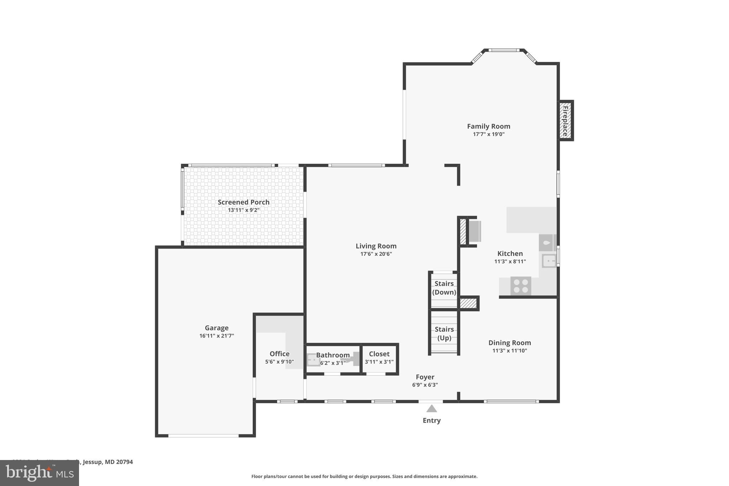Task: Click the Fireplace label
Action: (565, 121)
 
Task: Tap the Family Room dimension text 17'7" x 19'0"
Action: (488, 134)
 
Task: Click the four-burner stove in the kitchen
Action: (521, 286)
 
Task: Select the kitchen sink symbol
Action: (549, 261)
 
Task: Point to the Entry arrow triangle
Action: (431, 408)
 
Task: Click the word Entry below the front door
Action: (431, 420)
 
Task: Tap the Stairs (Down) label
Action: (444, 288)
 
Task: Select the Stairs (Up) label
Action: (444, 333)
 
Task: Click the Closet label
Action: (379, 354)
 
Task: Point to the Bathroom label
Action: (333, 355)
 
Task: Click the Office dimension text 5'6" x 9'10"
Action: (279, 362)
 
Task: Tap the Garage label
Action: (216, 328)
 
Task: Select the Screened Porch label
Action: (243, 202)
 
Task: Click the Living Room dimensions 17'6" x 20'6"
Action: (376, 254)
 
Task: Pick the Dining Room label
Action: (509, 343)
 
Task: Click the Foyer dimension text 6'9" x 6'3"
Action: (425, 385)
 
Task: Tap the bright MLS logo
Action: (39, 473)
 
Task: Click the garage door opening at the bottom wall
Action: (203, 435)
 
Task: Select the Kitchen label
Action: (510, 254)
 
